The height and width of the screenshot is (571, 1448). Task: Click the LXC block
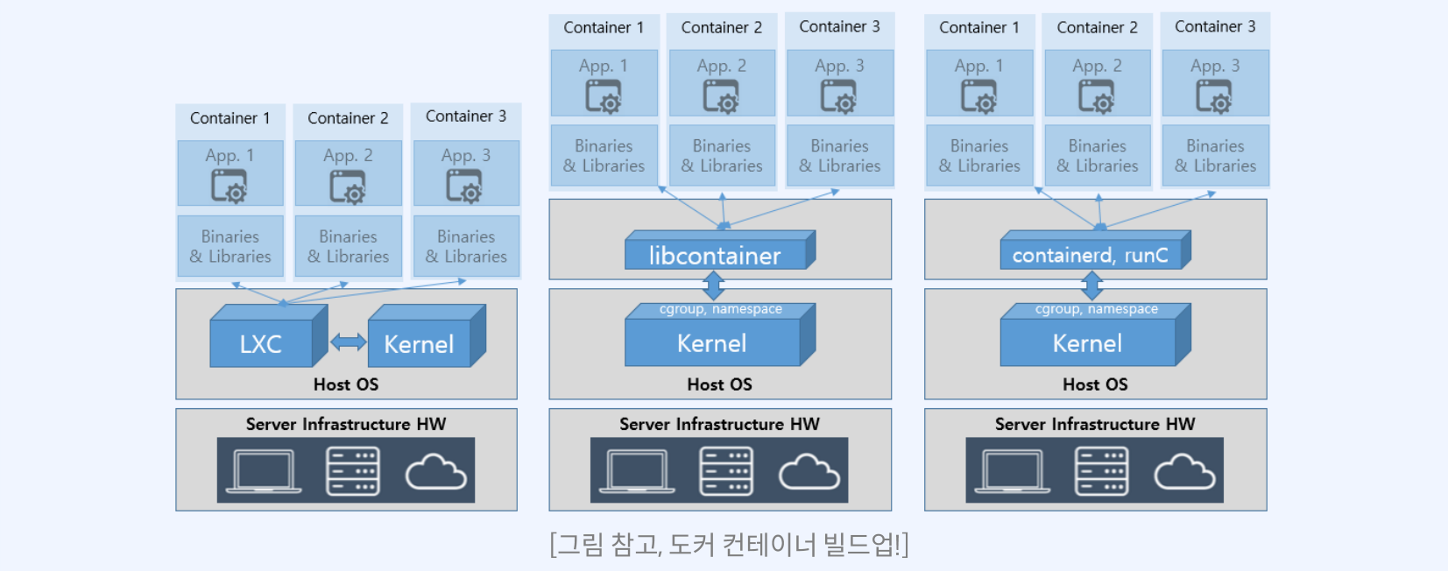pyautogui.click(x=261, y=343)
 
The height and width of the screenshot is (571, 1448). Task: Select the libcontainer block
pyautogui.click(x=715, y=255)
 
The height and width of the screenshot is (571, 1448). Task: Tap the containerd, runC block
pyautogui.click(x=1091, y=255)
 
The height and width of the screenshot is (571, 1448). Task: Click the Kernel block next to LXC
pyautogui.click(x=419, y=343)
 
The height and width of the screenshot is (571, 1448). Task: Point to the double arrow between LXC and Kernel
pyautogui.click(x=348, y=342)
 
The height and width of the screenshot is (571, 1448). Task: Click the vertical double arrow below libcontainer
pyautogui.click(x=714, y=285)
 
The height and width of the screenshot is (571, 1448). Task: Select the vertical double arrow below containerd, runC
pyautogui.click(x=1091, y=285)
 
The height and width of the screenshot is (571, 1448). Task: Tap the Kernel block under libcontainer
pyautogui.click(x=711, y=342)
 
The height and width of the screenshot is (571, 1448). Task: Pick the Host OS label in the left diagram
pyautogui.click(x=346, y=384)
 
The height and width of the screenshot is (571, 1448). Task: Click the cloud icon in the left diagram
pyautogui.click(x=435, y=472)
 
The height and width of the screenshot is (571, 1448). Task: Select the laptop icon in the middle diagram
pyautogui.click(x=637, y=471)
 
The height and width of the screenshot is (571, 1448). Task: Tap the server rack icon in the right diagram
pyautogui.click(x=1102, y=471)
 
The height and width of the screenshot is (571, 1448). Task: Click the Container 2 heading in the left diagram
pyautogui.click(x=348, y=118)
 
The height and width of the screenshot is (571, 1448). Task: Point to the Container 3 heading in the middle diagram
pyautogui.click(x=839, y=27)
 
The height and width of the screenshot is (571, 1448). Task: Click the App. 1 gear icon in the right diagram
pyautogui.click(x=978, y=96)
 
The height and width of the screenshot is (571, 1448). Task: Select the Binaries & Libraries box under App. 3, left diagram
pyautogui.click(x=466, y=246)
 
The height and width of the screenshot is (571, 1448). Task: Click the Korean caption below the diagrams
pyautogui.click(x=729, y=545)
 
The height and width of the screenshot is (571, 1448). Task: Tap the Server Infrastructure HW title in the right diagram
pyautogui.click(x=1095, y=424)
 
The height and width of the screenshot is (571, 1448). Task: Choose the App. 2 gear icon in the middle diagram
pyautogui.click(x=721, y=96)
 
